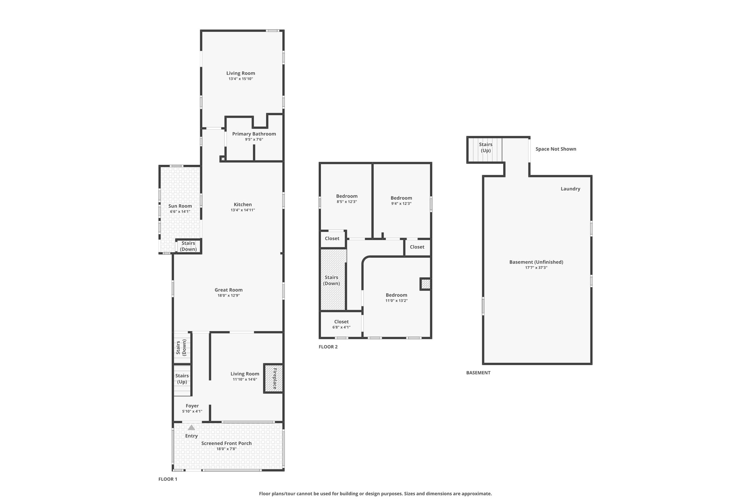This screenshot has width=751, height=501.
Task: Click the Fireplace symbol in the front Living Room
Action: (273, 378)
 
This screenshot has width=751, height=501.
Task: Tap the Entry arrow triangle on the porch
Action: (191, 427)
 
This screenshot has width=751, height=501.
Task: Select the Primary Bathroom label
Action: (254, 134)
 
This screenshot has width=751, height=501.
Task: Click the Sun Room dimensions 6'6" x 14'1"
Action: (180, 211)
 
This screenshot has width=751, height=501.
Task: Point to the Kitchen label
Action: (243, 204)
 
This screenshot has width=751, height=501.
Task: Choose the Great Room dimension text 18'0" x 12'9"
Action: (228, 295)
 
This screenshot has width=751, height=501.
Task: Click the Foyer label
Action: (192, 406)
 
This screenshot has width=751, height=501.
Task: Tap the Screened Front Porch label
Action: (227, 443)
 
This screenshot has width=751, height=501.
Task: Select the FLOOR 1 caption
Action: (168, 479)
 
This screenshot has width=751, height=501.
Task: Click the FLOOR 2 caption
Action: (328, 346)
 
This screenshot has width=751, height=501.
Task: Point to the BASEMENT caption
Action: (478, 373)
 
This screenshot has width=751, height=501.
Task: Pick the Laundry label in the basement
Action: (570, 189)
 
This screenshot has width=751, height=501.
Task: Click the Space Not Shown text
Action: (556, 149)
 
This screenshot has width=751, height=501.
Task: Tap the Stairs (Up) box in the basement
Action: (485, 150)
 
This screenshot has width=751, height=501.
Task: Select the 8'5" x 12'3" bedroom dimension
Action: (347, 202)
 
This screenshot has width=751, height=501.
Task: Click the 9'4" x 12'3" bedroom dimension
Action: (401, 203)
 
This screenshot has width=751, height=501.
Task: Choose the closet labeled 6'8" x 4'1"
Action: (341, 324)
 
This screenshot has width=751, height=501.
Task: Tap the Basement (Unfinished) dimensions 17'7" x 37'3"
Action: (536, 268)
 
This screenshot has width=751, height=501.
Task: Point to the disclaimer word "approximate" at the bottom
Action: (477, 494)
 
